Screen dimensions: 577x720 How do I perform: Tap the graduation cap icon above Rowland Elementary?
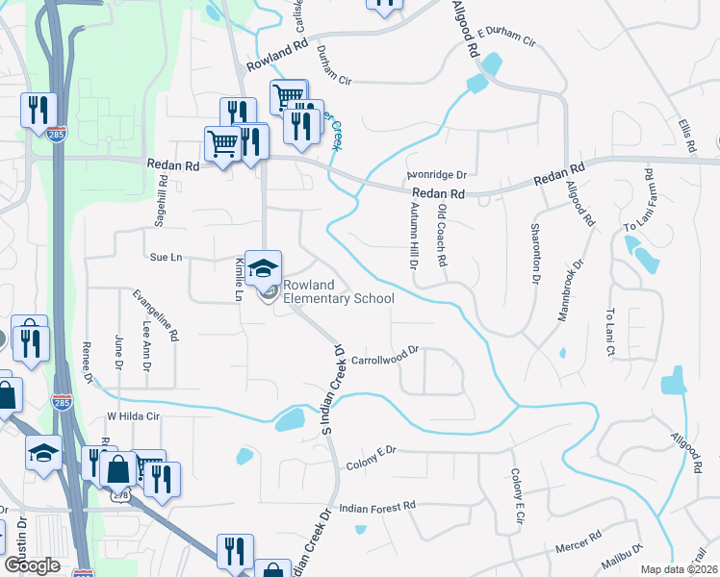coord(263,269)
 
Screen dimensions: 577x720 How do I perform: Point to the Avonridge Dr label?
coord(436,176)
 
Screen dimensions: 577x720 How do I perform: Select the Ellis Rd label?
coord(686,136)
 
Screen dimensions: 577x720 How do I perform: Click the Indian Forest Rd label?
coord(377,505)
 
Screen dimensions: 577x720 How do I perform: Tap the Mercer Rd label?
coord(579,541)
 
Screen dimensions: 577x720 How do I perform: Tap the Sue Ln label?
coord(166,258)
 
